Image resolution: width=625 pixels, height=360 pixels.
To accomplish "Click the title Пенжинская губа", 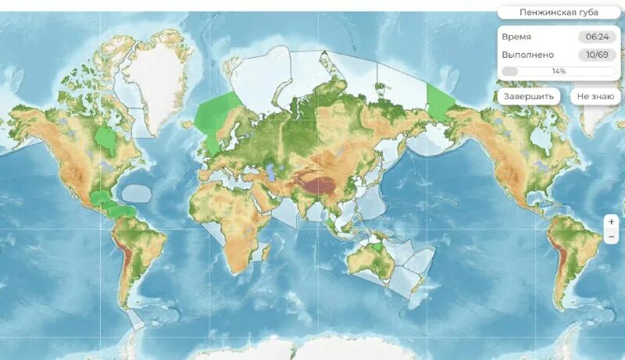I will point(558,12).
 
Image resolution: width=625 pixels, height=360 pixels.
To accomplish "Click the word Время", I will point(516,37).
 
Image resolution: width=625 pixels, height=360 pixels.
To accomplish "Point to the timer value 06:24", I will point(596,37).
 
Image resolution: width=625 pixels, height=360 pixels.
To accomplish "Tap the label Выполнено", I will point(528,55).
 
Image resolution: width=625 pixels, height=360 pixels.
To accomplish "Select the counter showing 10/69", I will point(596,55).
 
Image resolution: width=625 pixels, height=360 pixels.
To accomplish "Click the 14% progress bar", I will point(558,71).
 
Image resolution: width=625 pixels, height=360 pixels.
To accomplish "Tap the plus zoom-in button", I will point(611,222).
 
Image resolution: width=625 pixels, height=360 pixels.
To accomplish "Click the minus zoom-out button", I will point(611,236).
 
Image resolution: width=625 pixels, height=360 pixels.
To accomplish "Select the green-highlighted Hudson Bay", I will point(105,140).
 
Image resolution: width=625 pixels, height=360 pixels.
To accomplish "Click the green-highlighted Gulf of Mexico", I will point(99,198).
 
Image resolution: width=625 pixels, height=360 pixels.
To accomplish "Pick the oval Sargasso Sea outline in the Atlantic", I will point(139,192).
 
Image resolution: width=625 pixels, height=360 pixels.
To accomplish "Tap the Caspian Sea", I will point(270,169).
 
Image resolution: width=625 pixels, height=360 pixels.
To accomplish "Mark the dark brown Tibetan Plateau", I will point(320,186).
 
